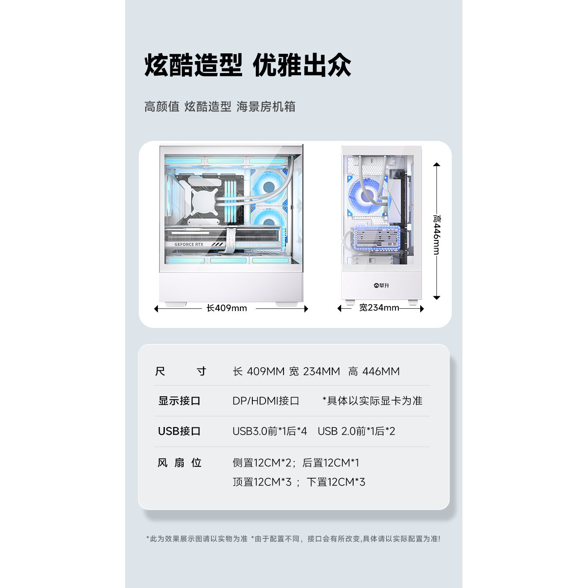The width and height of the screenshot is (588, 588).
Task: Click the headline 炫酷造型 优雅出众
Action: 248,65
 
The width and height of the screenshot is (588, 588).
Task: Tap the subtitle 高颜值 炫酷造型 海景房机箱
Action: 219,106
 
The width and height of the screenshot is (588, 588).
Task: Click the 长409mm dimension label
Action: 227,308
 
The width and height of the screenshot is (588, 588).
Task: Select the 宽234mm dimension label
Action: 379,307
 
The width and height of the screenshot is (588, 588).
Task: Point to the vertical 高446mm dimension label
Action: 436,234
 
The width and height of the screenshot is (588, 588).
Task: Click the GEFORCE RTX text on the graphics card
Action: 189,244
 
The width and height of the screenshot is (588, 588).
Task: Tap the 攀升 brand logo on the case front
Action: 381,285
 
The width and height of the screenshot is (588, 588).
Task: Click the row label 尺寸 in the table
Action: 181,371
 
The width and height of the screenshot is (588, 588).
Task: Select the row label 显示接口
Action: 179,401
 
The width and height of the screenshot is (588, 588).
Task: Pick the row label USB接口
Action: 179,431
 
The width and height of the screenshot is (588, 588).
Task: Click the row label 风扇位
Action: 179,463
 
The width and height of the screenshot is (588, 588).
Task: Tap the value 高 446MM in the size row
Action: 374,371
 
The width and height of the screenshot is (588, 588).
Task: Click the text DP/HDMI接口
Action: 266,401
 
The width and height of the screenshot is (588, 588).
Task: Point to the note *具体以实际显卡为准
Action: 372,401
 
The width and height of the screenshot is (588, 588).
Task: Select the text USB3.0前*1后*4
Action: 269,431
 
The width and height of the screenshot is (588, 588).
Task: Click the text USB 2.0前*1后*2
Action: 356,431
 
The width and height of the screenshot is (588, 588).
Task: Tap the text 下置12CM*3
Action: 336,482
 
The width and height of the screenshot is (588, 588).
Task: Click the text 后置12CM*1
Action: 331,463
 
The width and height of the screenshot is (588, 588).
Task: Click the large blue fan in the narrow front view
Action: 367,196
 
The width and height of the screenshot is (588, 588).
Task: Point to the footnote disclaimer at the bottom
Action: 293,539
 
